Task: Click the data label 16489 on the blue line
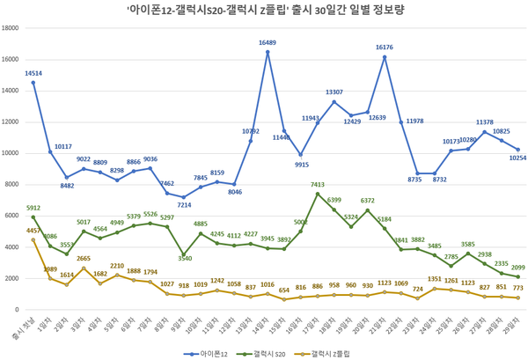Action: coord(268,42)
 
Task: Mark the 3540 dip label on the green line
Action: coord(186,258)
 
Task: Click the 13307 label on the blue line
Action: coord(335,92)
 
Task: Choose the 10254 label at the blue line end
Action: coord(518,158)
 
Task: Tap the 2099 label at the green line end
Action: coord(518,268)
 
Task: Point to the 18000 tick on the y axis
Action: coord(13,27)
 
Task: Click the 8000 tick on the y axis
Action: coord(16,184)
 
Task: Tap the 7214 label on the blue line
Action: coord(185,205)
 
